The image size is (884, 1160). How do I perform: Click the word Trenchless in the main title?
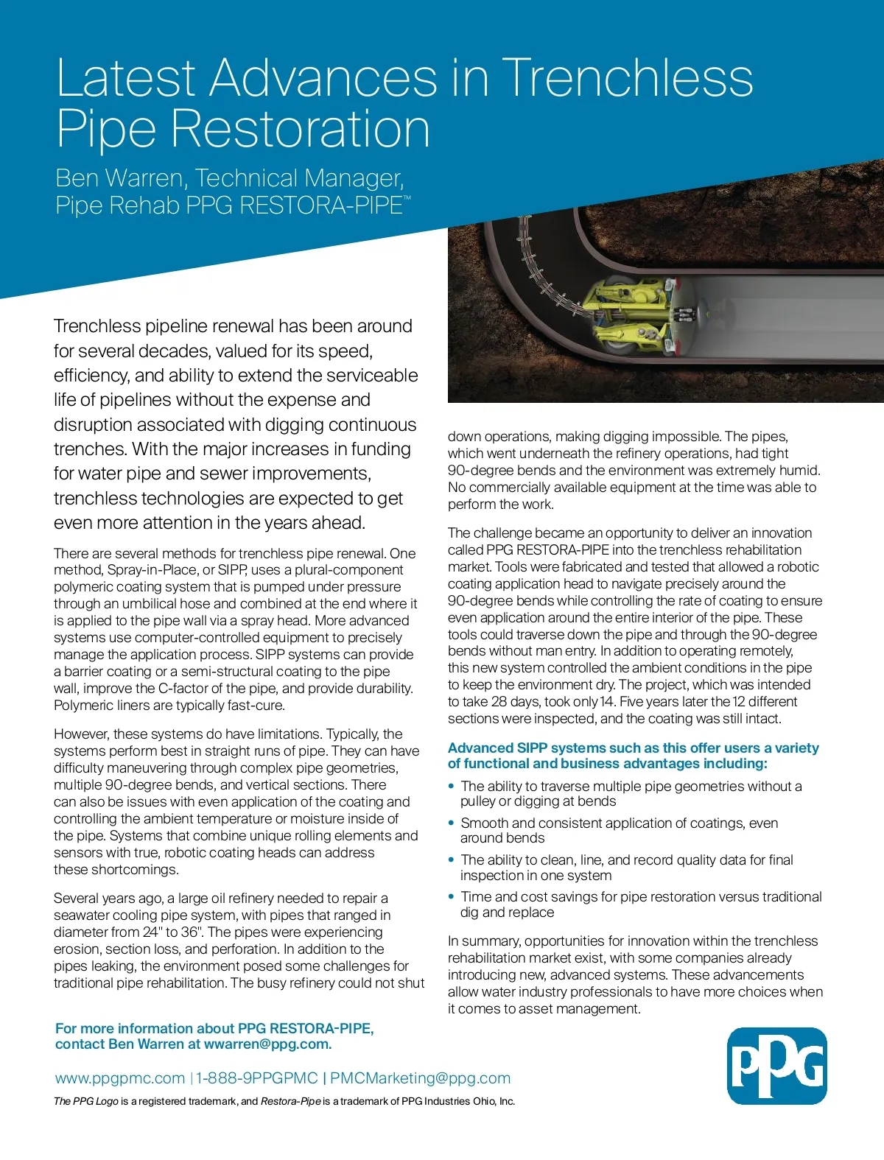tap(628, 77)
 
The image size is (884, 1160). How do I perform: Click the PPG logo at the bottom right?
tap(776, 1066)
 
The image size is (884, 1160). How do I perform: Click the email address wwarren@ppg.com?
tap(267, 1044)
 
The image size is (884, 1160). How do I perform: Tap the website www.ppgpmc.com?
tap(120, 1078)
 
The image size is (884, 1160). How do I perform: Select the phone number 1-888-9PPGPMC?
tap(257, 1078)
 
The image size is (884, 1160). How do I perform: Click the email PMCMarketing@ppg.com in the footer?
tap(420, 1078)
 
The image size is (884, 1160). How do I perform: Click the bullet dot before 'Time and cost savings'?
tap(452, 897)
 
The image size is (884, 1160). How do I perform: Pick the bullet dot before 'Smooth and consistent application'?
tap(452, 823)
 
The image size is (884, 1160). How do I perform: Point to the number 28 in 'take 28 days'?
tap(499, 702)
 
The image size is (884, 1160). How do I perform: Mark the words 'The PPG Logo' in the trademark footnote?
tap(86, 1102)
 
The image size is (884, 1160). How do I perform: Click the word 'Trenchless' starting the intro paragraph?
tap(97, 326)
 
